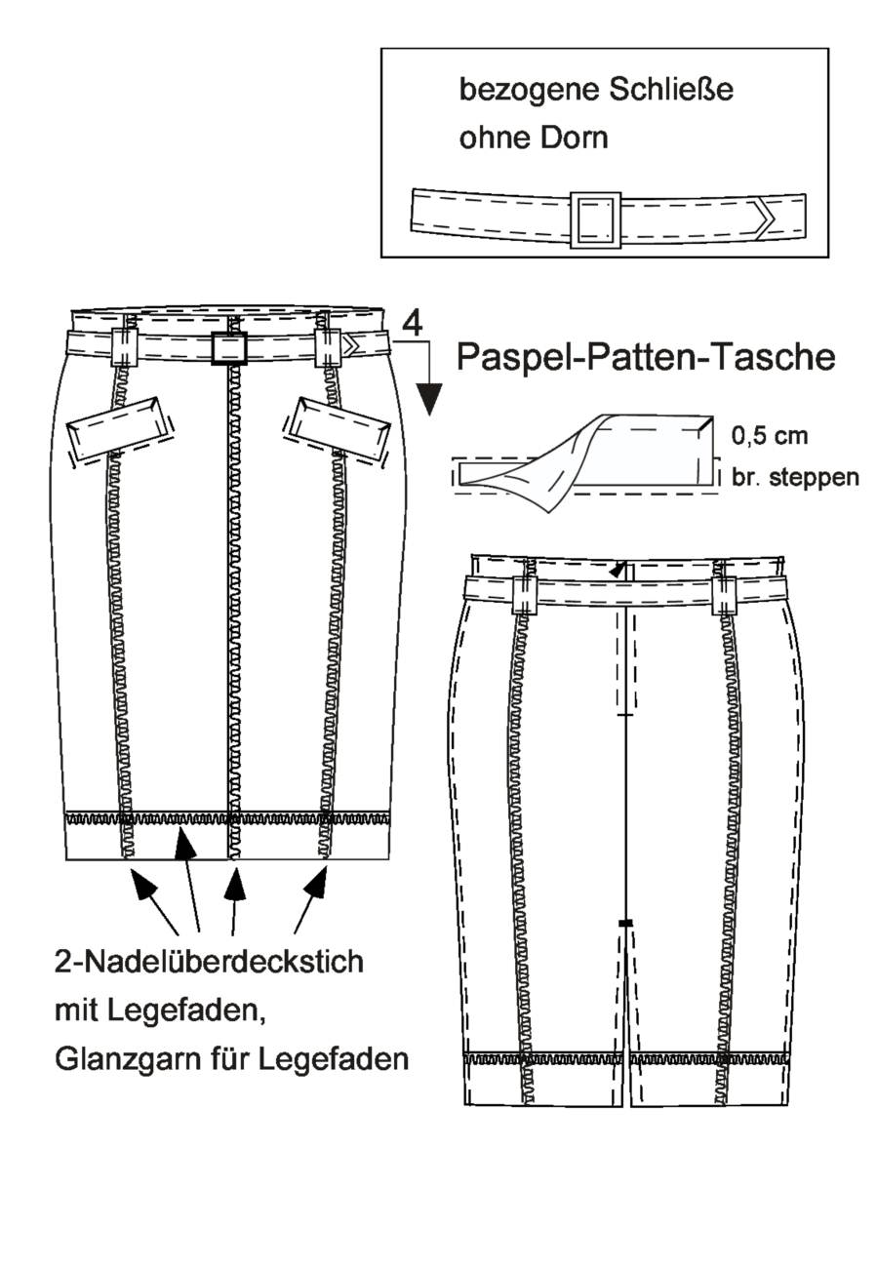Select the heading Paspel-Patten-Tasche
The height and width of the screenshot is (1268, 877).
point(645,358)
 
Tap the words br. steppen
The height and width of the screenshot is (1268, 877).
point(794,477)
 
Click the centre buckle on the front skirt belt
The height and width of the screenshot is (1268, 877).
point(228,346)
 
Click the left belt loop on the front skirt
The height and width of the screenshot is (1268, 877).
point(125,346)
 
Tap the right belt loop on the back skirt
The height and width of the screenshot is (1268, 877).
point(723,596)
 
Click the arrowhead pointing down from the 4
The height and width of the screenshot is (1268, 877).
point(430,399)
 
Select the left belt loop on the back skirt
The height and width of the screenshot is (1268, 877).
point(523,596)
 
